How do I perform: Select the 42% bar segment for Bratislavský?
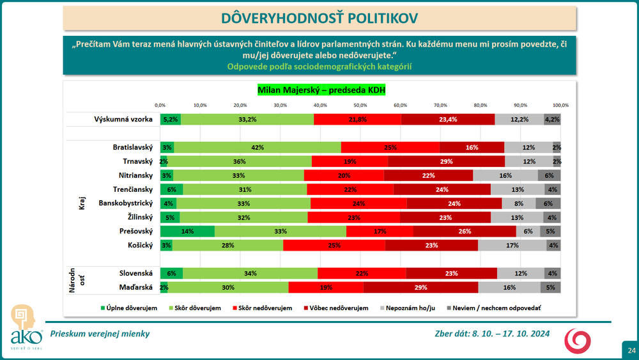(258, 147)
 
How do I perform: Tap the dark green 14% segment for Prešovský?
(187, 231)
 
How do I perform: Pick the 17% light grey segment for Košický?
(511, 245)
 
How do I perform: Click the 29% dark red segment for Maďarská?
(420, 287)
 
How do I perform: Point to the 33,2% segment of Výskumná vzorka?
(247, 119)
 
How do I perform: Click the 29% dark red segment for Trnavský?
(446, 161)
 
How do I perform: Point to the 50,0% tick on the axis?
(360, 105)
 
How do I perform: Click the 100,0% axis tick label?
(560, 105)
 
